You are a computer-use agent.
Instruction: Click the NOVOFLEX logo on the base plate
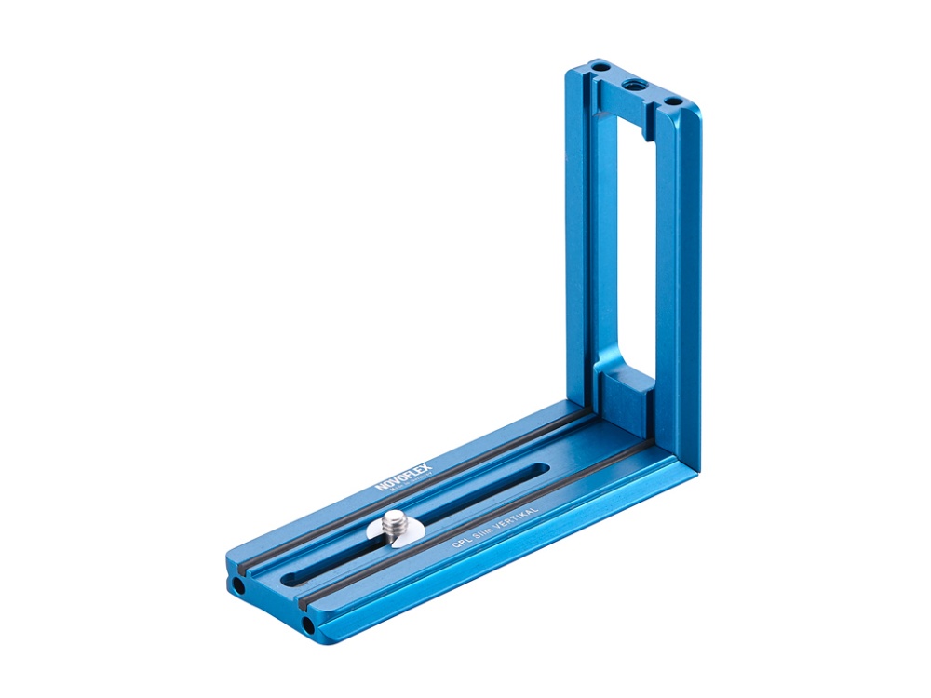tap(398, 474)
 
